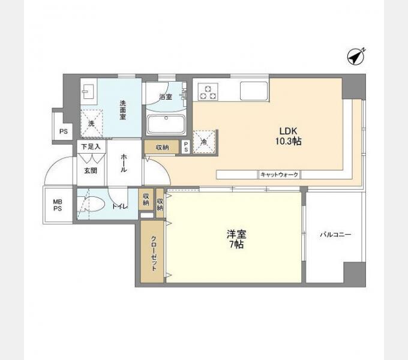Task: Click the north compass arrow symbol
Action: tap(356, 57)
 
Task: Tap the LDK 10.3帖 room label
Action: tap(289, 136)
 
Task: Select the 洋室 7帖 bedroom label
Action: tap(236, 239)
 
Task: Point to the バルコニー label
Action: tap(335, 235)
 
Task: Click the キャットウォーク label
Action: tap(279, 174)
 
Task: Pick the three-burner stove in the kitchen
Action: tap(208, 92)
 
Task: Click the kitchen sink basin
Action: tap(254, 91)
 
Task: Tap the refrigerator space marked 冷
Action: tap(204, 141)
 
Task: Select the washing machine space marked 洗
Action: tap(91, 123)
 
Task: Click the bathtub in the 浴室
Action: tap(166, 124)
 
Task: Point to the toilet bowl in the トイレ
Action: tap(92, 204)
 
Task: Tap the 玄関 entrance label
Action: tap(91, 170)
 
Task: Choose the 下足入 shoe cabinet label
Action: tap(91, 147)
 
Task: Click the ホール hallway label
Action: tap(124, 163)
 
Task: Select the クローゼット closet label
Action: tap(154, 254)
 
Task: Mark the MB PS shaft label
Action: tap(58, 205)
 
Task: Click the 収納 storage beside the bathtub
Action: tap(162, 148)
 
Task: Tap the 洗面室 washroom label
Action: tap(122, 110)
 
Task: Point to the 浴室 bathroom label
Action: tap(166, 97)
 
